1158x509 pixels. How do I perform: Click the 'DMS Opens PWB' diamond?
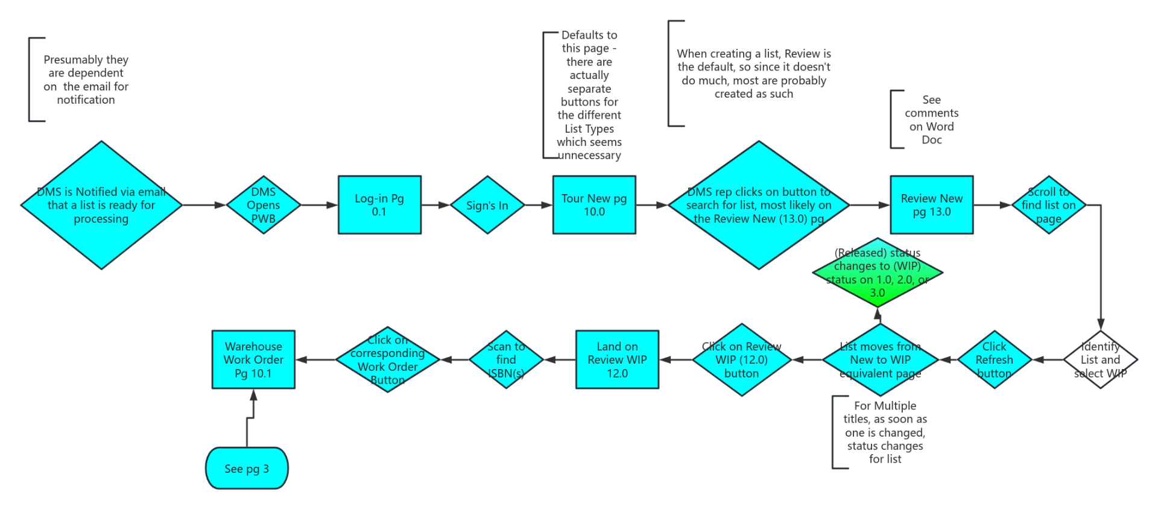(x=264, y=205)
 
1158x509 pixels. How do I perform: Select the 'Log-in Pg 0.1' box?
(x=379, y=205)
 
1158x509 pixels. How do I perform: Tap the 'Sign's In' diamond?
(x=487, y=205)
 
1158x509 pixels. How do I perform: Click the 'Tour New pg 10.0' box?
(x=594, y=205)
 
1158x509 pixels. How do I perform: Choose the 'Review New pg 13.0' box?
(x=931, y=205)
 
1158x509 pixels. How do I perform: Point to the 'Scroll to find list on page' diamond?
(x=1049, y=205)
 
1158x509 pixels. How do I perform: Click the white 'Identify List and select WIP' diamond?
(x=1100, y=359)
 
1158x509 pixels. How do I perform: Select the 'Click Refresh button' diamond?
(x=994, y=359)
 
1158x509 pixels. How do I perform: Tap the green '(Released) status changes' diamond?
(x=878, y=273)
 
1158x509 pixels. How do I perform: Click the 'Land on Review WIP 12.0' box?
(x=617, y=359)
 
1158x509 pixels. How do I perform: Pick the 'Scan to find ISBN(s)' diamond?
(x=506, y=359)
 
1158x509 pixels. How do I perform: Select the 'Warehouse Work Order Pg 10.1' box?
(x=253, y=359)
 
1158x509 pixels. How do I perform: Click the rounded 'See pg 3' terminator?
(x=247, y=468)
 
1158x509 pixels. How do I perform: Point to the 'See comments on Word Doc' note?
(x=931, y=119)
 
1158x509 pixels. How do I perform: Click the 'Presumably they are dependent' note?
(x=86, y=80)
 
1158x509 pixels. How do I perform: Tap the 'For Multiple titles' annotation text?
(x=885, y=432)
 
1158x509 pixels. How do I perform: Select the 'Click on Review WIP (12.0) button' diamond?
(x=741, y=359)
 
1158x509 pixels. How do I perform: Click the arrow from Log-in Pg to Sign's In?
(x=435, y=205)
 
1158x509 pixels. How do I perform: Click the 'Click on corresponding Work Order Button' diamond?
(x=387, y=359)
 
